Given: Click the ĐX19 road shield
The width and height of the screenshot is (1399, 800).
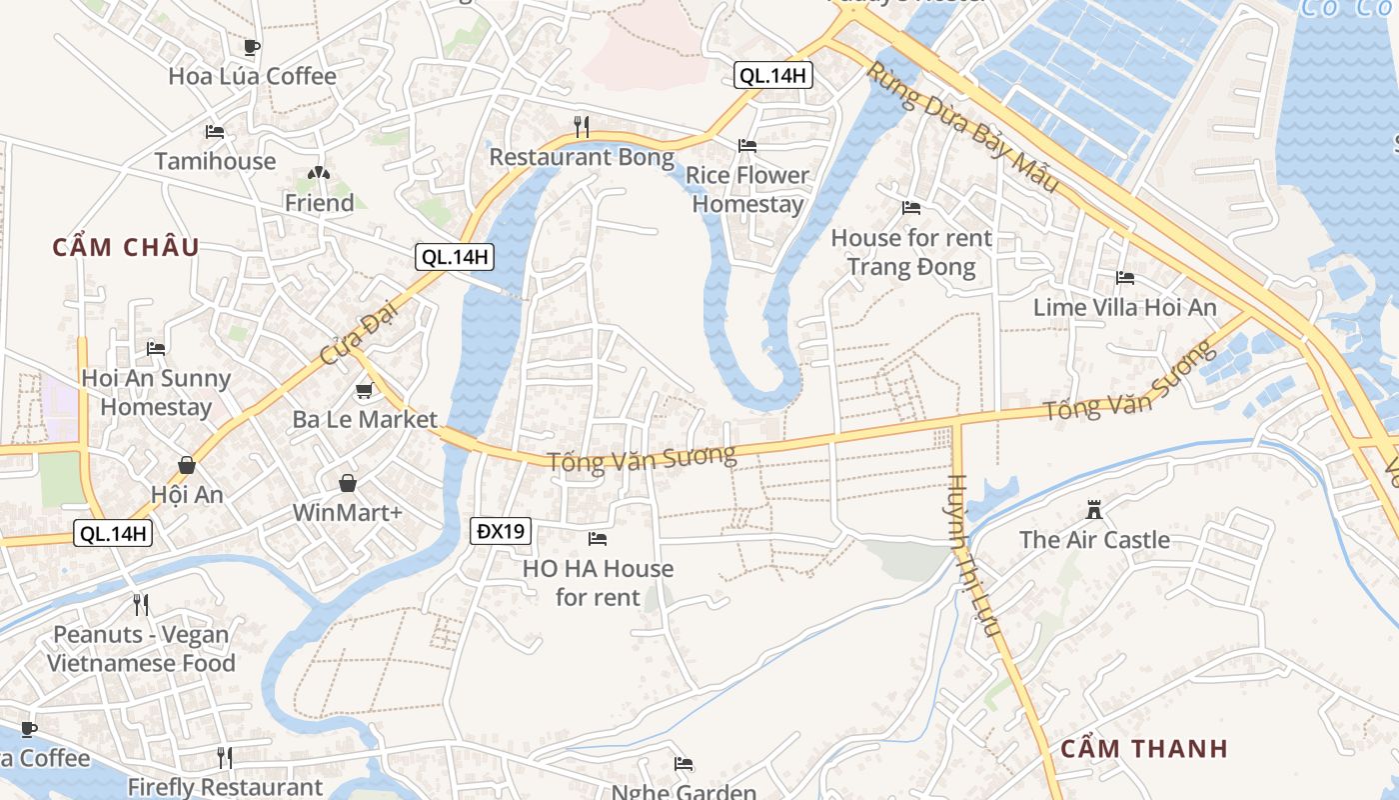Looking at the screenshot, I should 501,531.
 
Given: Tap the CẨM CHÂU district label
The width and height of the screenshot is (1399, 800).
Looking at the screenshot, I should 126,247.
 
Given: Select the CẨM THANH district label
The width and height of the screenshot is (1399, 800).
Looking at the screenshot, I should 1144,749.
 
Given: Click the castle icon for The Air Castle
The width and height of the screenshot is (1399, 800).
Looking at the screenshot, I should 1094,510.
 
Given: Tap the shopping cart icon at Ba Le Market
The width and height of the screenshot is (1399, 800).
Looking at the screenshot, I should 364,390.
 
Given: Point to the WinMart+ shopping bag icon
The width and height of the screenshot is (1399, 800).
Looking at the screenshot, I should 347,484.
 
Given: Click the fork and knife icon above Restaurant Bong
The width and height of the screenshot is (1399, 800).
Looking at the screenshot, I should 582,127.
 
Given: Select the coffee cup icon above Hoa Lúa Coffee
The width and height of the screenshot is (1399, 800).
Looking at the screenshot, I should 252,47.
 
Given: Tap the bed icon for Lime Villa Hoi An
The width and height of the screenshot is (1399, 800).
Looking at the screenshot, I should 1125,278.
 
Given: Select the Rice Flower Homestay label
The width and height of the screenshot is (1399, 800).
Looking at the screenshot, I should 747,189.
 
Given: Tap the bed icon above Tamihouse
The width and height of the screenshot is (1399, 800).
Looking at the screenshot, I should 214,132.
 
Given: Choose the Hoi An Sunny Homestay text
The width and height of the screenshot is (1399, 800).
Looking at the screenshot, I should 156,392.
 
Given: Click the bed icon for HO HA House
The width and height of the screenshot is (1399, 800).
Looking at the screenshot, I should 598,539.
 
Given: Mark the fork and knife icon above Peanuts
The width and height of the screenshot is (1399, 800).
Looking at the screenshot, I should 141,604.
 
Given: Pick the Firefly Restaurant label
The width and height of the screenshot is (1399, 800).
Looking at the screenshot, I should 225,787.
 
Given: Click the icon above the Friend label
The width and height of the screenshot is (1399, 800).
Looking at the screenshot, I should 319,174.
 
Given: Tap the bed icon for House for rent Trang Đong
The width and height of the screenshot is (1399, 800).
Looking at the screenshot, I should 910,208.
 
